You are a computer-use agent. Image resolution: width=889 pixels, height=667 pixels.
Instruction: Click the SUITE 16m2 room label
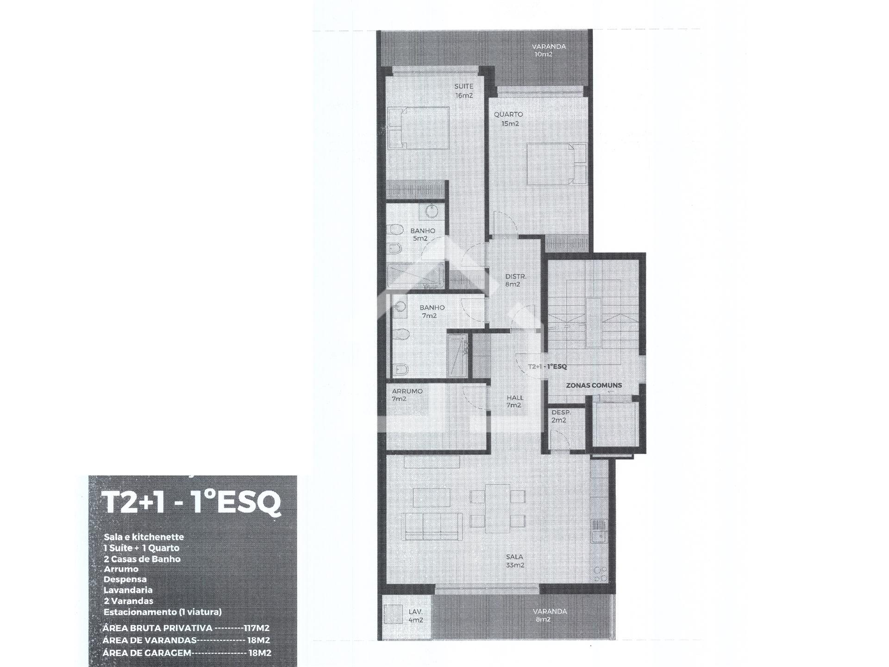(x=463, y=91)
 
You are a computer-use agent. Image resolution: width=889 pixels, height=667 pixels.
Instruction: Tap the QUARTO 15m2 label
(x=508, y=119)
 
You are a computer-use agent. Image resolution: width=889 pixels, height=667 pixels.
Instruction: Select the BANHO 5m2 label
(x=422, y=234)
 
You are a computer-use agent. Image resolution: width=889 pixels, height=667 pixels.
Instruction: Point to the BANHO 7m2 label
(x=432, y=311)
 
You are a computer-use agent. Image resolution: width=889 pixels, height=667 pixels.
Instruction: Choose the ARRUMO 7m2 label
(x=407, y=395)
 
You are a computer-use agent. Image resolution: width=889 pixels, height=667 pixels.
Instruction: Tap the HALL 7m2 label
(x=515, y=401)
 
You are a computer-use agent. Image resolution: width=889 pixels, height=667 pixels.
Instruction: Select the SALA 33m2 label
(x=514, y=561)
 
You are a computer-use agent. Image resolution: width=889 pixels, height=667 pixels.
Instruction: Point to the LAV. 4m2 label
(x=415, y=616)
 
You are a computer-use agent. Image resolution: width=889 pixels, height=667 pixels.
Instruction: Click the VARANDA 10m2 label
(x=548, y=50)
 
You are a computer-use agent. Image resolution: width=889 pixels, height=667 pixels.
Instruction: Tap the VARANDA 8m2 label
(x=550, y=615)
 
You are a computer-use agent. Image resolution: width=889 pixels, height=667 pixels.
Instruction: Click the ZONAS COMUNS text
(x=594, y=385)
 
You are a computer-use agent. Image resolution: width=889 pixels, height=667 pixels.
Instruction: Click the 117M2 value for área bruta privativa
(x=257, y=629)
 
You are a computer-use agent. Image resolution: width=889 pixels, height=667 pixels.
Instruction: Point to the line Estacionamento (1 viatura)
(x=163, y=612)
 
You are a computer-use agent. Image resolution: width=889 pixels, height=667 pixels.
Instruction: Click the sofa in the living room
(x=432, y=526)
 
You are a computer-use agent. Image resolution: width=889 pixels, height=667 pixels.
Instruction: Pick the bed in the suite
(x=419, y=128)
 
